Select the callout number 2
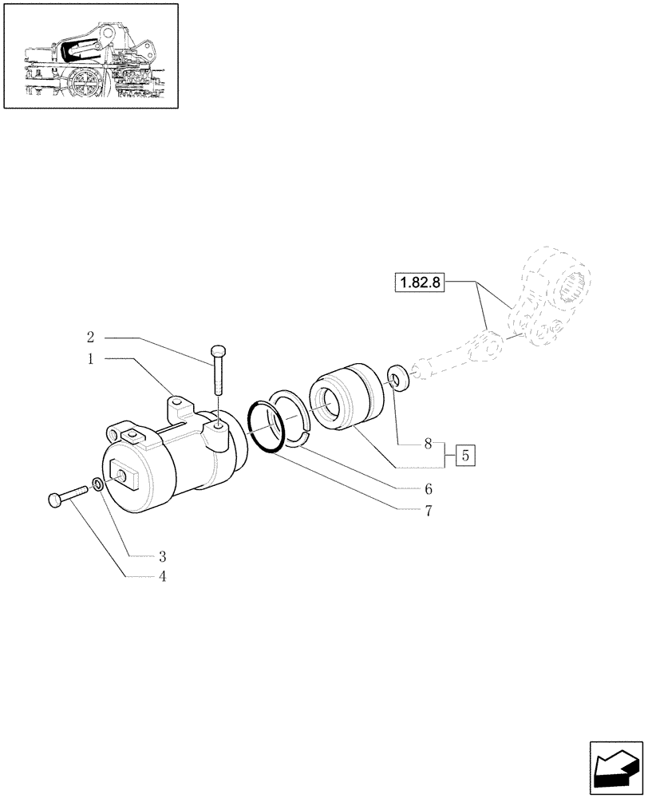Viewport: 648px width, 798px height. [x=91, y=337]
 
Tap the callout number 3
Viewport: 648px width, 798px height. [x=162, y=555]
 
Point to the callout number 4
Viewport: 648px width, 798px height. [x=162, y=576]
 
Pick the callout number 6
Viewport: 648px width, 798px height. [x=429, y=488]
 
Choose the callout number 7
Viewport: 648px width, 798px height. [x=429, y=512]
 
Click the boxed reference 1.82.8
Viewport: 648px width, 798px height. [x=419, y=282]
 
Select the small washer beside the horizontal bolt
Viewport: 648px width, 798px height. [x=97, y=484]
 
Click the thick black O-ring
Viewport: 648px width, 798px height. [x=265, y=428]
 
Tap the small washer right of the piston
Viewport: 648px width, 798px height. [x=396, y=379]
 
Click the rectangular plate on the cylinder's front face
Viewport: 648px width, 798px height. [x=126, y=479]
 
